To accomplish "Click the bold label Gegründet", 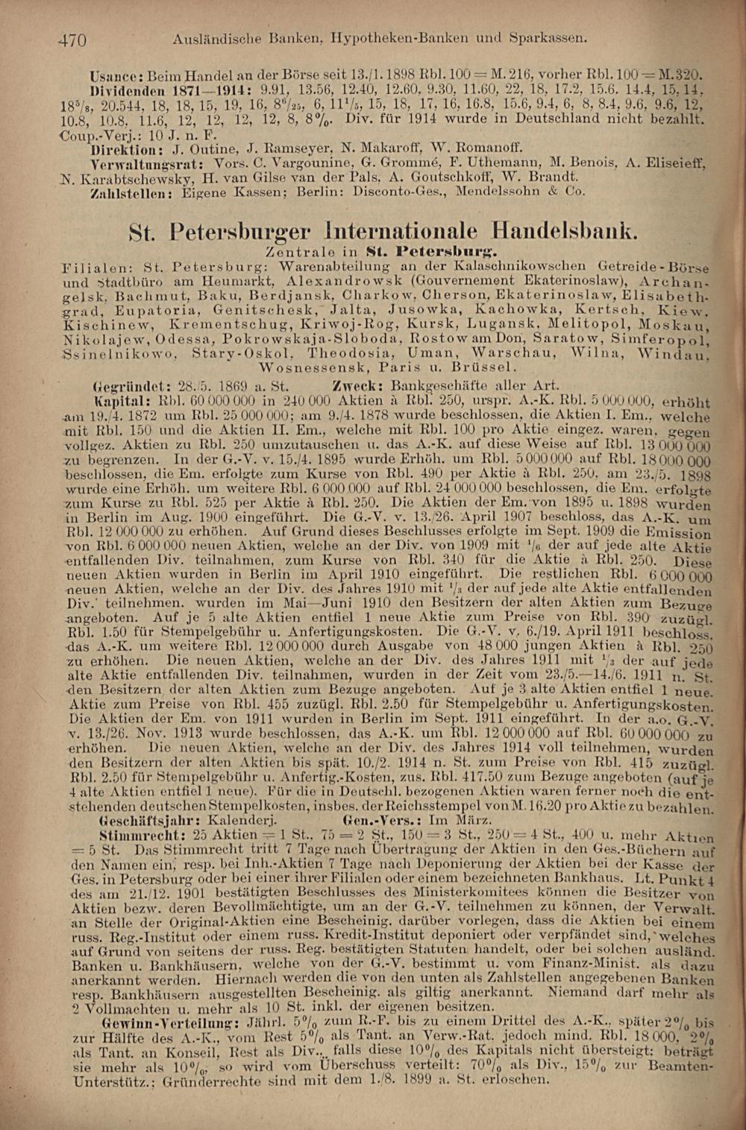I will point(125,385).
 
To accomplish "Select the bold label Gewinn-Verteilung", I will point(163,1020).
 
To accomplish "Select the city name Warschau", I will point(514,353).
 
